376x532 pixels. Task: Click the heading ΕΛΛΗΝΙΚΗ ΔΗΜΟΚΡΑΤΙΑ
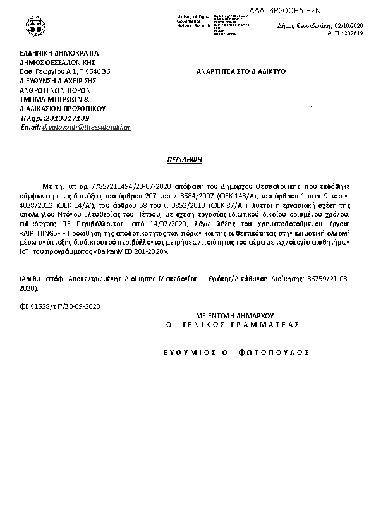pyautogui.click(x=59, y=53)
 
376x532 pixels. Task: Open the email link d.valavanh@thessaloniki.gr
pyautogui.click(x=87, y=127)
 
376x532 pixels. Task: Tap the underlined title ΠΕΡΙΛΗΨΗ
pyautogui.click(x=187, y=160)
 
